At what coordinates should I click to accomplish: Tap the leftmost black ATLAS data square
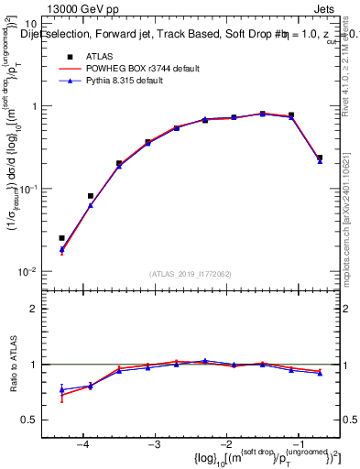click(62, 238)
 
